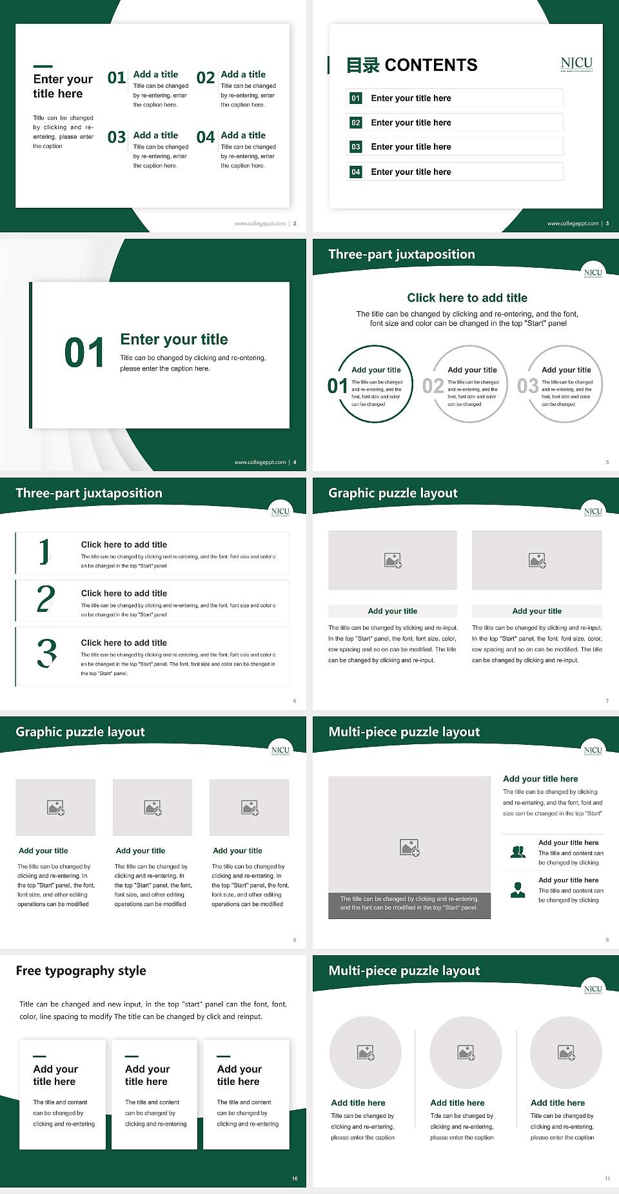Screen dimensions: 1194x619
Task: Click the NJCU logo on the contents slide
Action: pos(576,63)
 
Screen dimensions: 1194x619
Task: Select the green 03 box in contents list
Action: pos(356,147)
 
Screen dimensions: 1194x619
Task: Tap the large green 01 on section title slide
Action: pos(84,352)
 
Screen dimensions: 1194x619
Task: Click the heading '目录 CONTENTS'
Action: pos(412,65)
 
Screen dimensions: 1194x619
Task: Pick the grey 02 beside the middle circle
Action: pos(433,386)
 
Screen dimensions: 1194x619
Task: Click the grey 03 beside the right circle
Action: pos(527,386)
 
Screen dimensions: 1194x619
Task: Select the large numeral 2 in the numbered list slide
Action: pos(46,599)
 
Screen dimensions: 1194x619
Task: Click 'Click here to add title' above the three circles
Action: pos(467,298)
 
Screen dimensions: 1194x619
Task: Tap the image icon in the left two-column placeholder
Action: pos(393,560)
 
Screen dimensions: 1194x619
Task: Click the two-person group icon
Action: pos(518,852)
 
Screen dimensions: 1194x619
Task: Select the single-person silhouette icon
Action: pos(518,890)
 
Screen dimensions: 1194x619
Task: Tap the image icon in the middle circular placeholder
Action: pos(466,1053)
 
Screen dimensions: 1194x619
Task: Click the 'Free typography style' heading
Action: pos(81,971)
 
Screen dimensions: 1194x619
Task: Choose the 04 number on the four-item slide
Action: pos(206,137)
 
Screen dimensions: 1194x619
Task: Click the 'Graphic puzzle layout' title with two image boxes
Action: pos(393,493)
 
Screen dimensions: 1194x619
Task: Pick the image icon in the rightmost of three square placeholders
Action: pos(250,807)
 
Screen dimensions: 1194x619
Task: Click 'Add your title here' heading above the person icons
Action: pos(540,779)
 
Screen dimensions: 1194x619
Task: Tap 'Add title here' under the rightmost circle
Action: pos(558,1103)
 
